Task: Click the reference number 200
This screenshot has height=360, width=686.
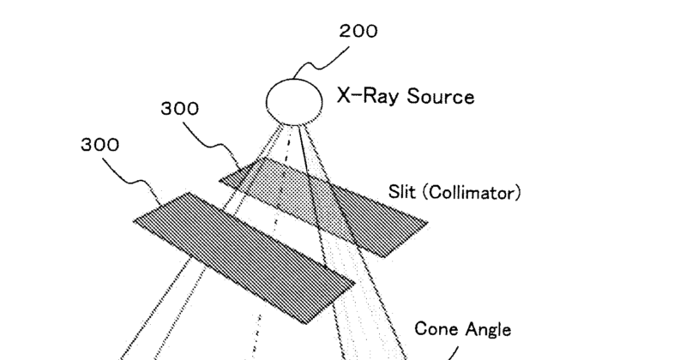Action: coord(358,33)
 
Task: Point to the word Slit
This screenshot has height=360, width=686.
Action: coord(402,193)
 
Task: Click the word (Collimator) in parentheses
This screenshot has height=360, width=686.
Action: coord(470,193)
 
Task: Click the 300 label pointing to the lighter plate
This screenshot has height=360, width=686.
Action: coord(179,110)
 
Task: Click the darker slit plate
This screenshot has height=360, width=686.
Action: coord(244,255)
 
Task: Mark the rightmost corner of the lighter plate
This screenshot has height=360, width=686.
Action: coord(427,224)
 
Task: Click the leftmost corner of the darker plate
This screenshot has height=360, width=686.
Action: coord(134,219)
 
